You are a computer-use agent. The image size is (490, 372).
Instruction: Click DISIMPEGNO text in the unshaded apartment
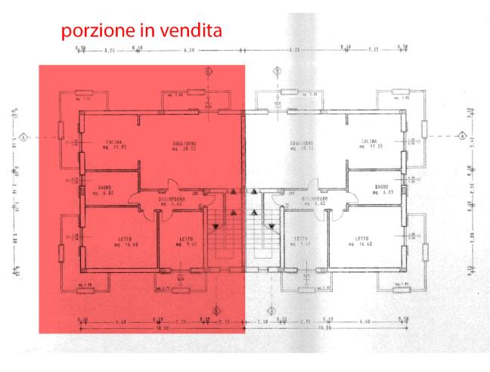click(x=314, y=200)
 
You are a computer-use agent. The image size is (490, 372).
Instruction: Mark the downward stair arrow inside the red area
click(x=216, y=226)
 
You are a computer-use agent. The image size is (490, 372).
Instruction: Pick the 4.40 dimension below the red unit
click(x=121, y=321)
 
